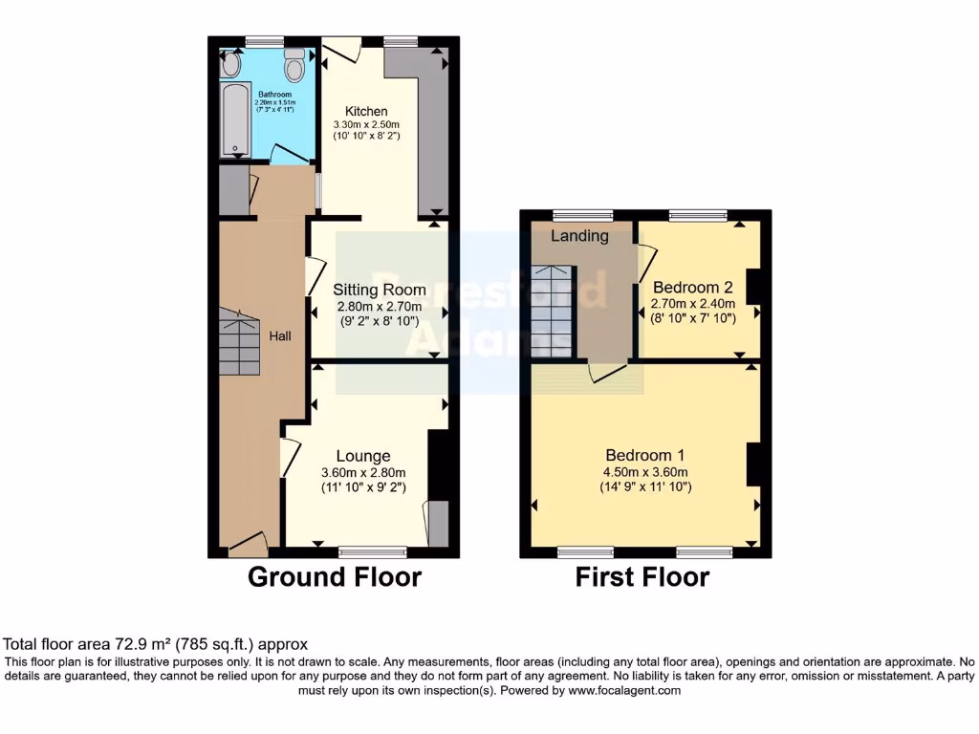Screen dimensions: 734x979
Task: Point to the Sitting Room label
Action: (380, 290)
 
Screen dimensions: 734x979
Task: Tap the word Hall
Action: (280, 336)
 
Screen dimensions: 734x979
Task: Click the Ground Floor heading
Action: (334, 577)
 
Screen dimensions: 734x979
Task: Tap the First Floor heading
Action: (642, 577)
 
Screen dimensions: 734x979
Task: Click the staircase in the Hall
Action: (239, 341)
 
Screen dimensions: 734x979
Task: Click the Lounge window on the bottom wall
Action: (373, 551)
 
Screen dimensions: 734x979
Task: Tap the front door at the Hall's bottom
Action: (248, 545)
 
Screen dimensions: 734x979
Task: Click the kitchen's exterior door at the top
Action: (340, 50)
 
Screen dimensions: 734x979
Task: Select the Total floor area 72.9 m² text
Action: (156, 645)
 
